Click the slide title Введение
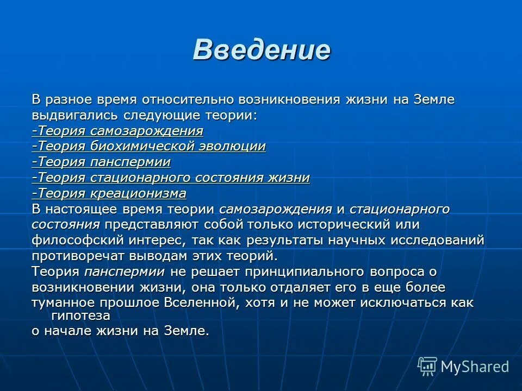[x=261, y=50]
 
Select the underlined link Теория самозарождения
[x=117, y=131]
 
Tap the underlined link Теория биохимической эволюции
[x=148, y=147]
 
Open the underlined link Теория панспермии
[x=101, y=162]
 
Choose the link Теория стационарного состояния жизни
[x=171, y=178]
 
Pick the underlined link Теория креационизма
[x=109, y=194]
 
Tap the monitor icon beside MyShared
[x=427, y=367]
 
